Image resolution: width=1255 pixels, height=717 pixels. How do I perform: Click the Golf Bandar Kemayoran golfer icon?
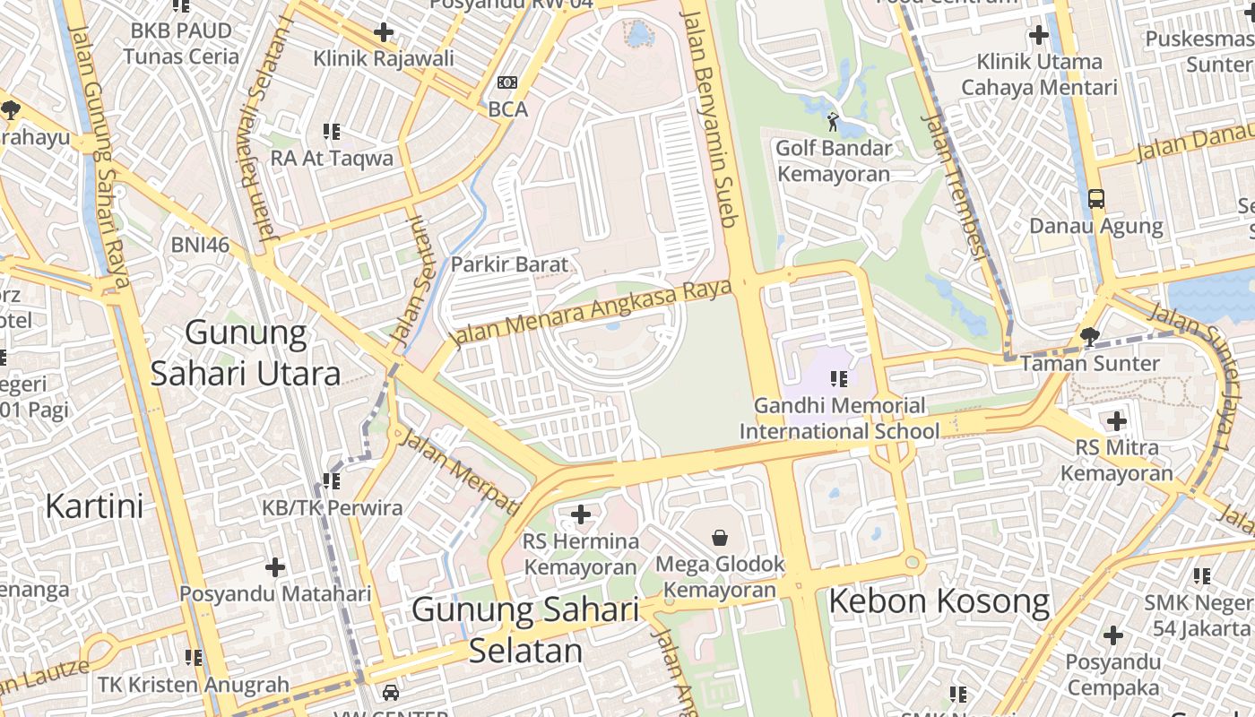834,120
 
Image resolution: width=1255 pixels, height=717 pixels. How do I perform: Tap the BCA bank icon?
507,82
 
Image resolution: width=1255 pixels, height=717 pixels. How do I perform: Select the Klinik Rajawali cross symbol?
384,33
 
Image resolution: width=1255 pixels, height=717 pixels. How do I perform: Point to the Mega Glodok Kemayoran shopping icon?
720,538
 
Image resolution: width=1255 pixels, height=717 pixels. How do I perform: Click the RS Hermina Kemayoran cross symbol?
581,514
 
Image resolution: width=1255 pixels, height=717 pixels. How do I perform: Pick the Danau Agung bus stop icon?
1096,199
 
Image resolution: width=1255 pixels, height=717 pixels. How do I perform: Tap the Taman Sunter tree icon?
1090,337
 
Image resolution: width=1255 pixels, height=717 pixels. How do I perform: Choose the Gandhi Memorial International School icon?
839,379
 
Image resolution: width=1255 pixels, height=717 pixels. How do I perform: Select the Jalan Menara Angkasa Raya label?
592,313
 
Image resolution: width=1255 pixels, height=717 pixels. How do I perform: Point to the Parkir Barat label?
509,264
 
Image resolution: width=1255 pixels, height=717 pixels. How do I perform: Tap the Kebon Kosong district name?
939,601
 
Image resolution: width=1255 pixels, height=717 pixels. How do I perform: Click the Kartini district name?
94,506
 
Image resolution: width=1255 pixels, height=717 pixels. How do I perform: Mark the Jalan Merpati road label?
459,471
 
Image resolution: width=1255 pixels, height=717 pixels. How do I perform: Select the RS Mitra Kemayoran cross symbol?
1116,420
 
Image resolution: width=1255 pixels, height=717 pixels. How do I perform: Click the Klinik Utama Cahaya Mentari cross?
1039,36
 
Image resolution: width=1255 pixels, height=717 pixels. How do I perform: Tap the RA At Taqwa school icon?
332,132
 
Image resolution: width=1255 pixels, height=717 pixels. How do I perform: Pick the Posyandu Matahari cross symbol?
275,567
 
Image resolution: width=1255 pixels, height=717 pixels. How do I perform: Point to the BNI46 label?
200,245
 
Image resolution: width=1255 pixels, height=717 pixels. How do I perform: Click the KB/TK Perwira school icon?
332,481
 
